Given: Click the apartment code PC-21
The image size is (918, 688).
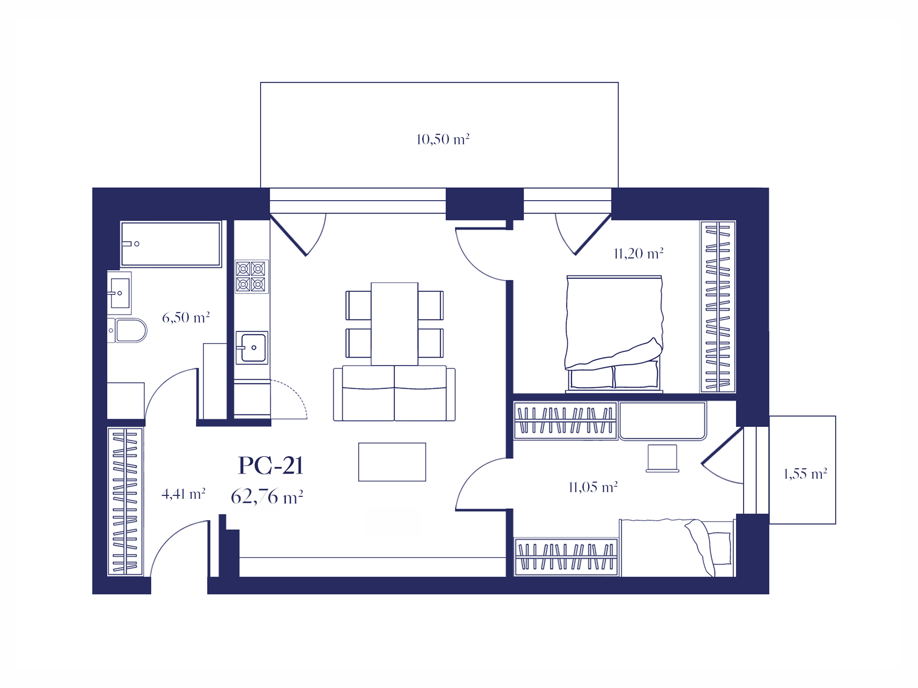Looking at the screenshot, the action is click(271, 465).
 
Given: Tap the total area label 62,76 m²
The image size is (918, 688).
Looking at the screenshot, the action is click(267, 497).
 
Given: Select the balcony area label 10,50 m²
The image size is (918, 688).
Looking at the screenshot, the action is click(443, 139).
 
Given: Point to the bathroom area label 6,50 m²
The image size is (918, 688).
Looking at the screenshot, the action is click(186, 317).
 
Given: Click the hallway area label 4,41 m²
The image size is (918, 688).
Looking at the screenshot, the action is click(184, 494).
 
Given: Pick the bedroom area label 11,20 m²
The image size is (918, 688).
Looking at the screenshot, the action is click(638, 253).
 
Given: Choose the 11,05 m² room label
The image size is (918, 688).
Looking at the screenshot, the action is click(593, 487).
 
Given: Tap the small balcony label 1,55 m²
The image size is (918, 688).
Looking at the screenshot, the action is click(805, 473).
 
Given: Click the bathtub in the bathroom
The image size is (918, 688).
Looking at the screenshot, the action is click(171, 244).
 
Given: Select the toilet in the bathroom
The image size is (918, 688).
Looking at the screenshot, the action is click(128, 330).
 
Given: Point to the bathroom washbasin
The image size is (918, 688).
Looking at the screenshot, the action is click(119, 293).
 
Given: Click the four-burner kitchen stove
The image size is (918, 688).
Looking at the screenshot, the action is click(251, 277).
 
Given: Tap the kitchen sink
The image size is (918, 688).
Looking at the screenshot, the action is click(252, 347).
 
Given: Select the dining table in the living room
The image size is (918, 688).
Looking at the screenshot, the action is click(394, 324).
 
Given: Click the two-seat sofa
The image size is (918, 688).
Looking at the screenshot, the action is click(394, 393).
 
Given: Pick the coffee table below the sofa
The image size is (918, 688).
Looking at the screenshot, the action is click(392, 462).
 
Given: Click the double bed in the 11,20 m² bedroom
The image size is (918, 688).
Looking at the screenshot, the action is click(614, 334).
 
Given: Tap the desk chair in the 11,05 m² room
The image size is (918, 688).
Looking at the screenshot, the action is click(663, 458).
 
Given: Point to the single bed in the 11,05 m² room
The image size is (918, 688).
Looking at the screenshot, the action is click(677, 548).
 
